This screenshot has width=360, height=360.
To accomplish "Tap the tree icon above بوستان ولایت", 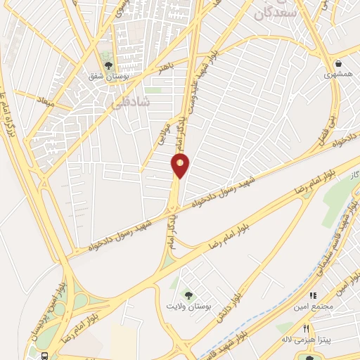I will [188, 294].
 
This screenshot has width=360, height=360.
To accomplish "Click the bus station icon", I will [46, 356].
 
